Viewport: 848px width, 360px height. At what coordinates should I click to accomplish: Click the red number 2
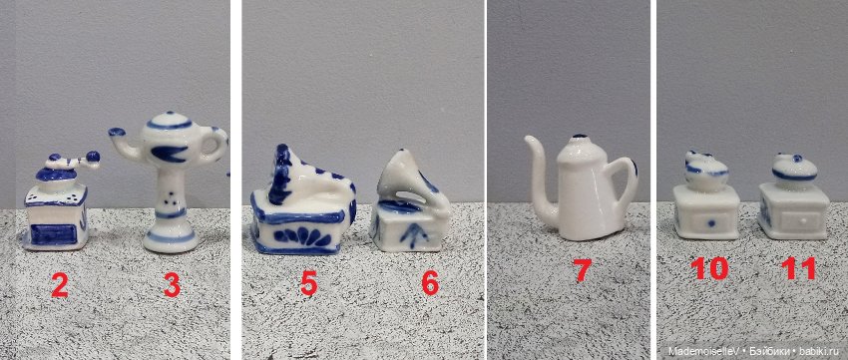pyautogui.click(x=59, y=285)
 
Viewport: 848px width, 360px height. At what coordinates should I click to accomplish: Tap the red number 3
pyautogui.click(x=172, y=285)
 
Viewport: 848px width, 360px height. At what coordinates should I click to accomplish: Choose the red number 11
pyautogui.click(x=799, y=269)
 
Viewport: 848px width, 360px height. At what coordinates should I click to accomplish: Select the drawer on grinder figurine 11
pyautogui.click(x=798, y=216)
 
